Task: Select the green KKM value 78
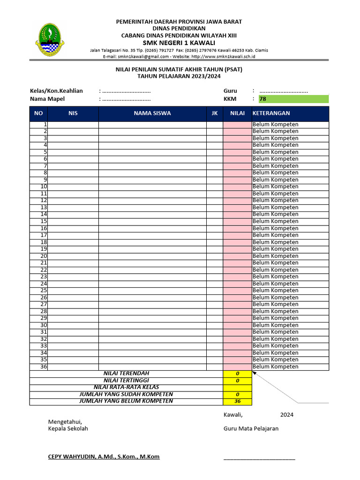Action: tap(263, 99)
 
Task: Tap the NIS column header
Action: tap(73, 113)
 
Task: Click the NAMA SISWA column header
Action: tap(152, 113)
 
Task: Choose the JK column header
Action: tap(215, 113)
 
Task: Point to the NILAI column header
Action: tap(237, 113)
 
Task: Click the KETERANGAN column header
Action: tap(271, 113)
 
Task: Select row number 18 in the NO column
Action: tap(44, 242)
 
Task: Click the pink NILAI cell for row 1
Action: tap(237, 125)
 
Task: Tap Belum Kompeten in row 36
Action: tap(275, 367)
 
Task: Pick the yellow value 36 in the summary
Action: tap(238, 402)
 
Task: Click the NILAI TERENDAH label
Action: tap(126, 373)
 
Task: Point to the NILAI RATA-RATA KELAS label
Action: tap(126, 387)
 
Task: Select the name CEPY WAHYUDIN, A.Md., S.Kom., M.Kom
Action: tap(104, 457)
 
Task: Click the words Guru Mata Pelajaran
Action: tap(251, 428)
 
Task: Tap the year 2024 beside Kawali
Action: tap(287, 415)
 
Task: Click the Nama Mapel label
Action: tap(47, 99)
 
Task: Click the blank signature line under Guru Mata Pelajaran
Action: tap(259, 458)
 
